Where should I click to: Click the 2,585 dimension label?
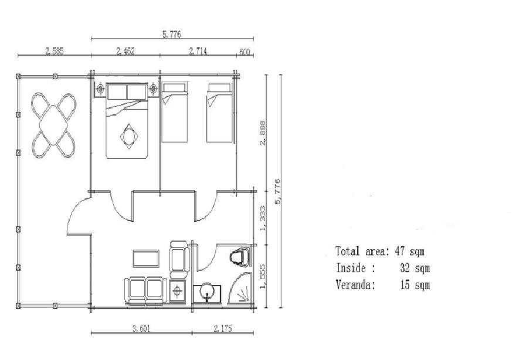pos(55,51)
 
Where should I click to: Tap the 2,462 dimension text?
pos(125,51)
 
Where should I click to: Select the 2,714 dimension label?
pos(198,51)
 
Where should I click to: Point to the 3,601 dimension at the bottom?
pos(141,328)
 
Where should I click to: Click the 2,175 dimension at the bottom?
pos(223,328)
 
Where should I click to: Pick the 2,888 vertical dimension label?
pos(263,133)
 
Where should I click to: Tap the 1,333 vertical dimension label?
pos(263,218)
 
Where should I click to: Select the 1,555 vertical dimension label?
pos(263,276)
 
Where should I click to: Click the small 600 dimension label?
pos(245,52)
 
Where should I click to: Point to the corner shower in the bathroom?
pos(240,287)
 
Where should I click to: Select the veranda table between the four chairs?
pos(53,125)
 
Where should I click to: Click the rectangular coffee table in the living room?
pos(146,259)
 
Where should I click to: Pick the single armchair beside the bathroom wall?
pos(179,259)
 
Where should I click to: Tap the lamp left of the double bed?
pos(100,89)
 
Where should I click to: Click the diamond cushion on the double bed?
pos(129,136)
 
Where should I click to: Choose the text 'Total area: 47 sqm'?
pos(379,252)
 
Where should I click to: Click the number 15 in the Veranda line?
pos(405,284)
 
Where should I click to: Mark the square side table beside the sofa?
pos(178,291)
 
